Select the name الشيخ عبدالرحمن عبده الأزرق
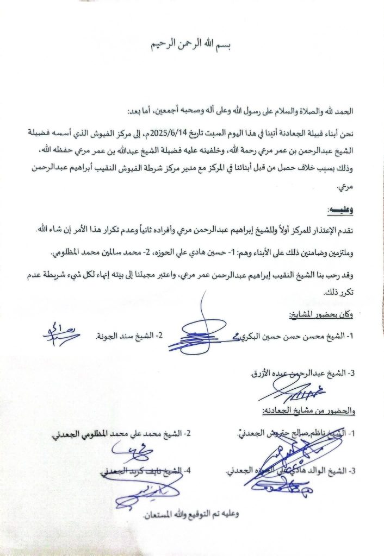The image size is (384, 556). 302,373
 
